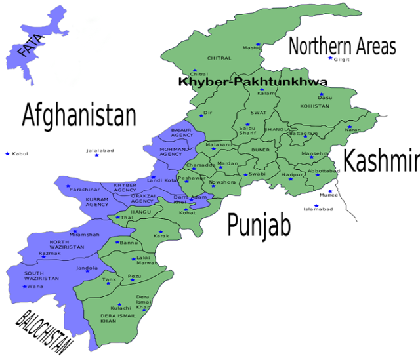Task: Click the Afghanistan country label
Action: click(79, 115)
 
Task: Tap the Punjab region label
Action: click(259, 225)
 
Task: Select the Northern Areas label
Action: click(342, 47)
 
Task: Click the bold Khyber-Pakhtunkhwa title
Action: click(253, 82)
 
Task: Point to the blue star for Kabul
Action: click(7, 153)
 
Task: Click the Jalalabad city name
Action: click(100, 151)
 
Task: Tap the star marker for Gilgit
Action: click(330, 59)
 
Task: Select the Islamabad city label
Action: click(318, 209)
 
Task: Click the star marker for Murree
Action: click(330, 191)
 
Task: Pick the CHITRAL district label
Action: click(219, 58)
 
